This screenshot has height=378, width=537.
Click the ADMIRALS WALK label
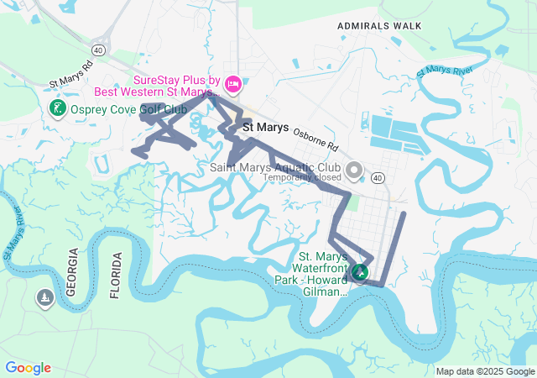378,26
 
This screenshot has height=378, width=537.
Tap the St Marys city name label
265,127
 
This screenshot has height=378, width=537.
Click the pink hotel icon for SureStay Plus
234,83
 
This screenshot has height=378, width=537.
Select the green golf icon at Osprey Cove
57,108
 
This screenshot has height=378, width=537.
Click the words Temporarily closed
302,177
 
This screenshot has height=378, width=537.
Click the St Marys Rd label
70,73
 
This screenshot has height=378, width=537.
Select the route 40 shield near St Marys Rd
99,51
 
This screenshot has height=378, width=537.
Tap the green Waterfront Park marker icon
360,273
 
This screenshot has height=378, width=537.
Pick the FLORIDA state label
117,275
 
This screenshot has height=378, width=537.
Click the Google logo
28,368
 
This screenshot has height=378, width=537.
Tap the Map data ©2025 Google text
485,371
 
